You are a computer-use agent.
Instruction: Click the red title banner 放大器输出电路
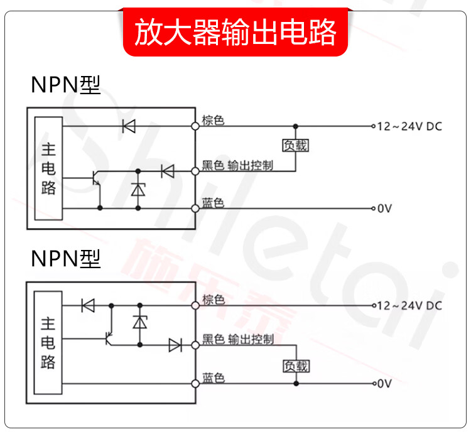[x=235, y=32]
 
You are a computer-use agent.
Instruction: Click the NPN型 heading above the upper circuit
[x=65, y=85]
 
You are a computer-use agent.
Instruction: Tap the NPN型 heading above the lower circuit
[x=65, y=258]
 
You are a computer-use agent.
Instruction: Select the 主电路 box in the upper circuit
[x=49, y=168]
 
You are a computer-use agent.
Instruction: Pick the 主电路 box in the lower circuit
[x=49, y=342]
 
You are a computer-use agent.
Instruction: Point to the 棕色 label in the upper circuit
[x=213, y=120]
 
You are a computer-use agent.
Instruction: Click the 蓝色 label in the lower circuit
[x=213, y=378]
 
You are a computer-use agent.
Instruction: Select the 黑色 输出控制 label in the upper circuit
[x=237, y=165]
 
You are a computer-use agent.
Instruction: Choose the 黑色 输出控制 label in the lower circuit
[x=237, y=340]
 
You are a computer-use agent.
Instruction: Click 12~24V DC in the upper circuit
[x=409, y=126]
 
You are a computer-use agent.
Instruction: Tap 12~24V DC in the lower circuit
[x=409, y=306]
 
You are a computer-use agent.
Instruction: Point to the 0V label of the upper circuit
[x=384, y=208]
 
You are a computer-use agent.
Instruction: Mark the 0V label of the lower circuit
[x=384, y=383]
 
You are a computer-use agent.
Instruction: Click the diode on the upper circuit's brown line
[x=129, y=126]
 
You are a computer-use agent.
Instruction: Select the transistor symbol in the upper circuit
[x=95, y=178]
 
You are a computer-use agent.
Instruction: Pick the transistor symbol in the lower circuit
[x=108, y=338]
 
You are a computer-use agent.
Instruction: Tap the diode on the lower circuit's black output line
[x=174, y=345]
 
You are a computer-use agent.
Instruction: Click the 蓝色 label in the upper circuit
[x=213, y=202]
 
